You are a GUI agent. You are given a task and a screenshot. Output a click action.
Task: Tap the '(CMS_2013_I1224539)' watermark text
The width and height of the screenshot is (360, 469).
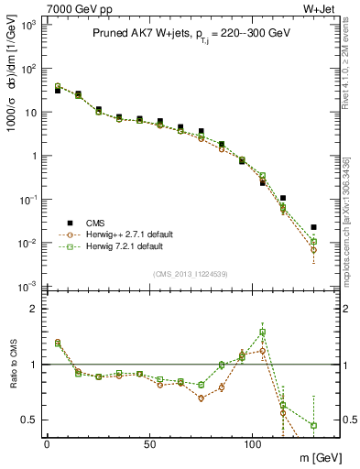tap(190, 273)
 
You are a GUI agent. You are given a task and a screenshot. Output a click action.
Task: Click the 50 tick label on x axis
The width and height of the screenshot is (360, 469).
tap(149, 442)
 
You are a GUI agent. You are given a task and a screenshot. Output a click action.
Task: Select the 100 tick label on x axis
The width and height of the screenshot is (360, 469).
tap(252, 442)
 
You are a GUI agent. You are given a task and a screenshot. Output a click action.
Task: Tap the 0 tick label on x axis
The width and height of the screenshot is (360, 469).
tap(47, 442)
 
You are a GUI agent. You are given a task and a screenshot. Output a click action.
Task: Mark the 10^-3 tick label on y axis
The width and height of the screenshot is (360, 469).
tap(29, 287)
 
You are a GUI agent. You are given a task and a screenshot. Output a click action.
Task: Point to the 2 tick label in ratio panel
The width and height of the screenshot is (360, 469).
tap(34, 309)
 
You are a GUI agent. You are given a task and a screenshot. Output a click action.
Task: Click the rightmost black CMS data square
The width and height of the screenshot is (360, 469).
tap(313, 227)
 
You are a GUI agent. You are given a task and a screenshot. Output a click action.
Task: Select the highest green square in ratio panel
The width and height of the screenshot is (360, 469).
tap(262, 332)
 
